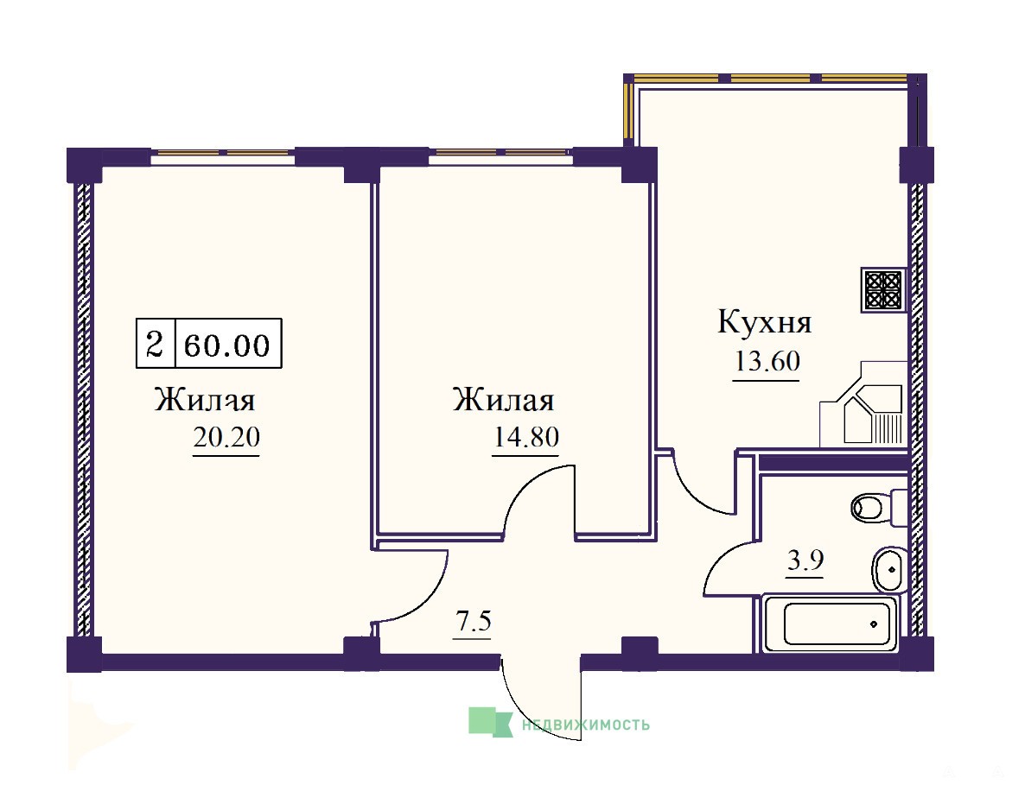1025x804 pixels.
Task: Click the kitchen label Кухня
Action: click(764, 322)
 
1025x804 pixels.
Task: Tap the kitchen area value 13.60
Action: click(767, 360)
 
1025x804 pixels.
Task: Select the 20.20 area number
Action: click(226, 437)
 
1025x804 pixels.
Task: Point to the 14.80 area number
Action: click(525, 436)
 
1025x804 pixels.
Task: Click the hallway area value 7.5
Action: click(474, 620)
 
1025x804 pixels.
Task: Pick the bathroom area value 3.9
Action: click(805, 560)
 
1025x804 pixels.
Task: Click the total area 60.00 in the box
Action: click(226, 345)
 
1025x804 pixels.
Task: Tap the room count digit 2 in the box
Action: click(155, 344)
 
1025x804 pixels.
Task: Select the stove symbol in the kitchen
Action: click(884, 289)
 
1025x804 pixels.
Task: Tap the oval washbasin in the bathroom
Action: click(888, 569)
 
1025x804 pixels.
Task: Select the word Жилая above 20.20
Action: click(205, 400)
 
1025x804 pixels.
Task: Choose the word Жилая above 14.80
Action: click(503, 400)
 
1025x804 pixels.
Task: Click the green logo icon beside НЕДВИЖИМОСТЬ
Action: click(490, 722)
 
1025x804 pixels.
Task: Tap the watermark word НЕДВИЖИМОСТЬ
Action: click(586, 725)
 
